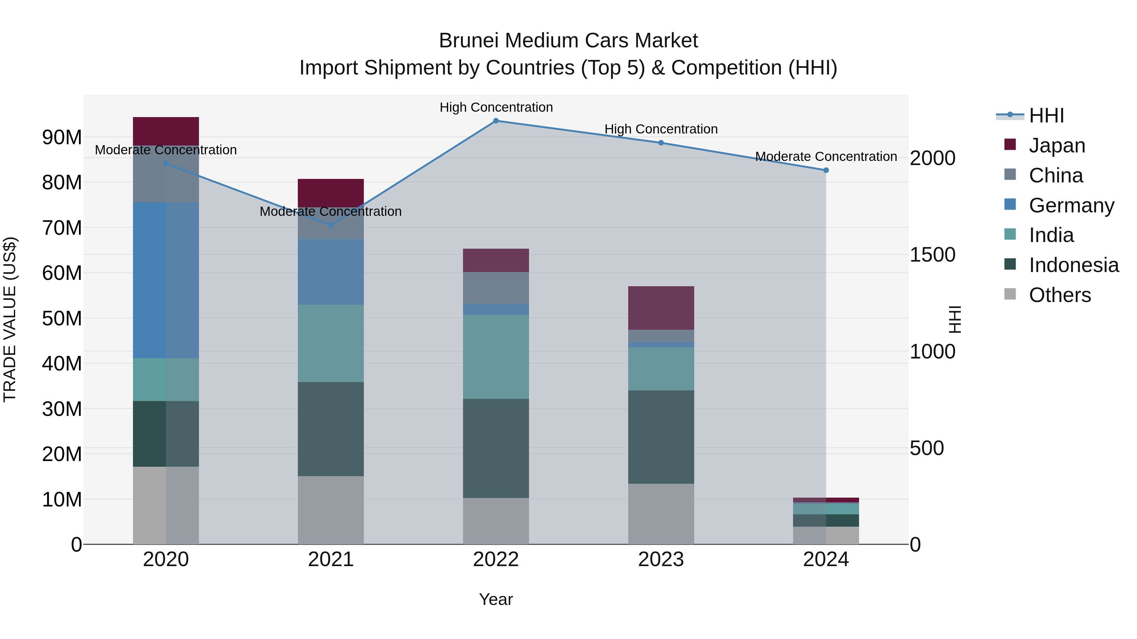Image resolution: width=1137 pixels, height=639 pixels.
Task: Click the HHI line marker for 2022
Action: point(496,121)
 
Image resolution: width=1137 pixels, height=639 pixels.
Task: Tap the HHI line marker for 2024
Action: point(826,170)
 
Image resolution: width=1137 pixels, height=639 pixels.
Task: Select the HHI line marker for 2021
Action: point(331,225)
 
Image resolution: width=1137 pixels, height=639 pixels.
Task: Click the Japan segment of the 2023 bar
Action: point(661,308)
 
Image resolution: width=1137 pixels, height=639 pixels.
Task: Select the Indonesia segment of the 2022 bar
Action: point(496,448)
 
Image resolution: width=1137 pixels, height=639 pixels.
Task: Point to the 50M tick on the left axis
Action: point(62,318)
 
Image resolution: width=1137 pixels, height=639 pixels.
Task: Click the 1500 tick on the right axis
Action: point(932,255)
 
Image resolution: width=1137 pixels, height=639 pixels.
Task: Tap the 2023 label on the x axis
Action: point(661,559)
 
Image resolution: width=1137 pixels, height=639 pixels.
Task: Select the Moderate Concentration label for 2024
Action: point(826,157)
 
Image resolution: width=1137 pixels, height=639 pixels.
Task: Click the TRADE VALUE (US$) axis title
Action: point(10,319)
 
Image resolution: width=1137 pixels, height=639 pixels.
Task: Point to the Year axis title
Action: point(496,599)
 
